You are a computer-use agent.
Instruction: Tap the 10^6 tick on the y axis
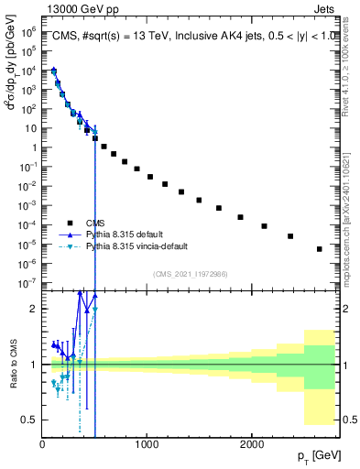click(x=28, y=30)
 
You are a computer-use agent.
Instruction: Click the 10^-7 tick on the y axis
click(x=27, y=283)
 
